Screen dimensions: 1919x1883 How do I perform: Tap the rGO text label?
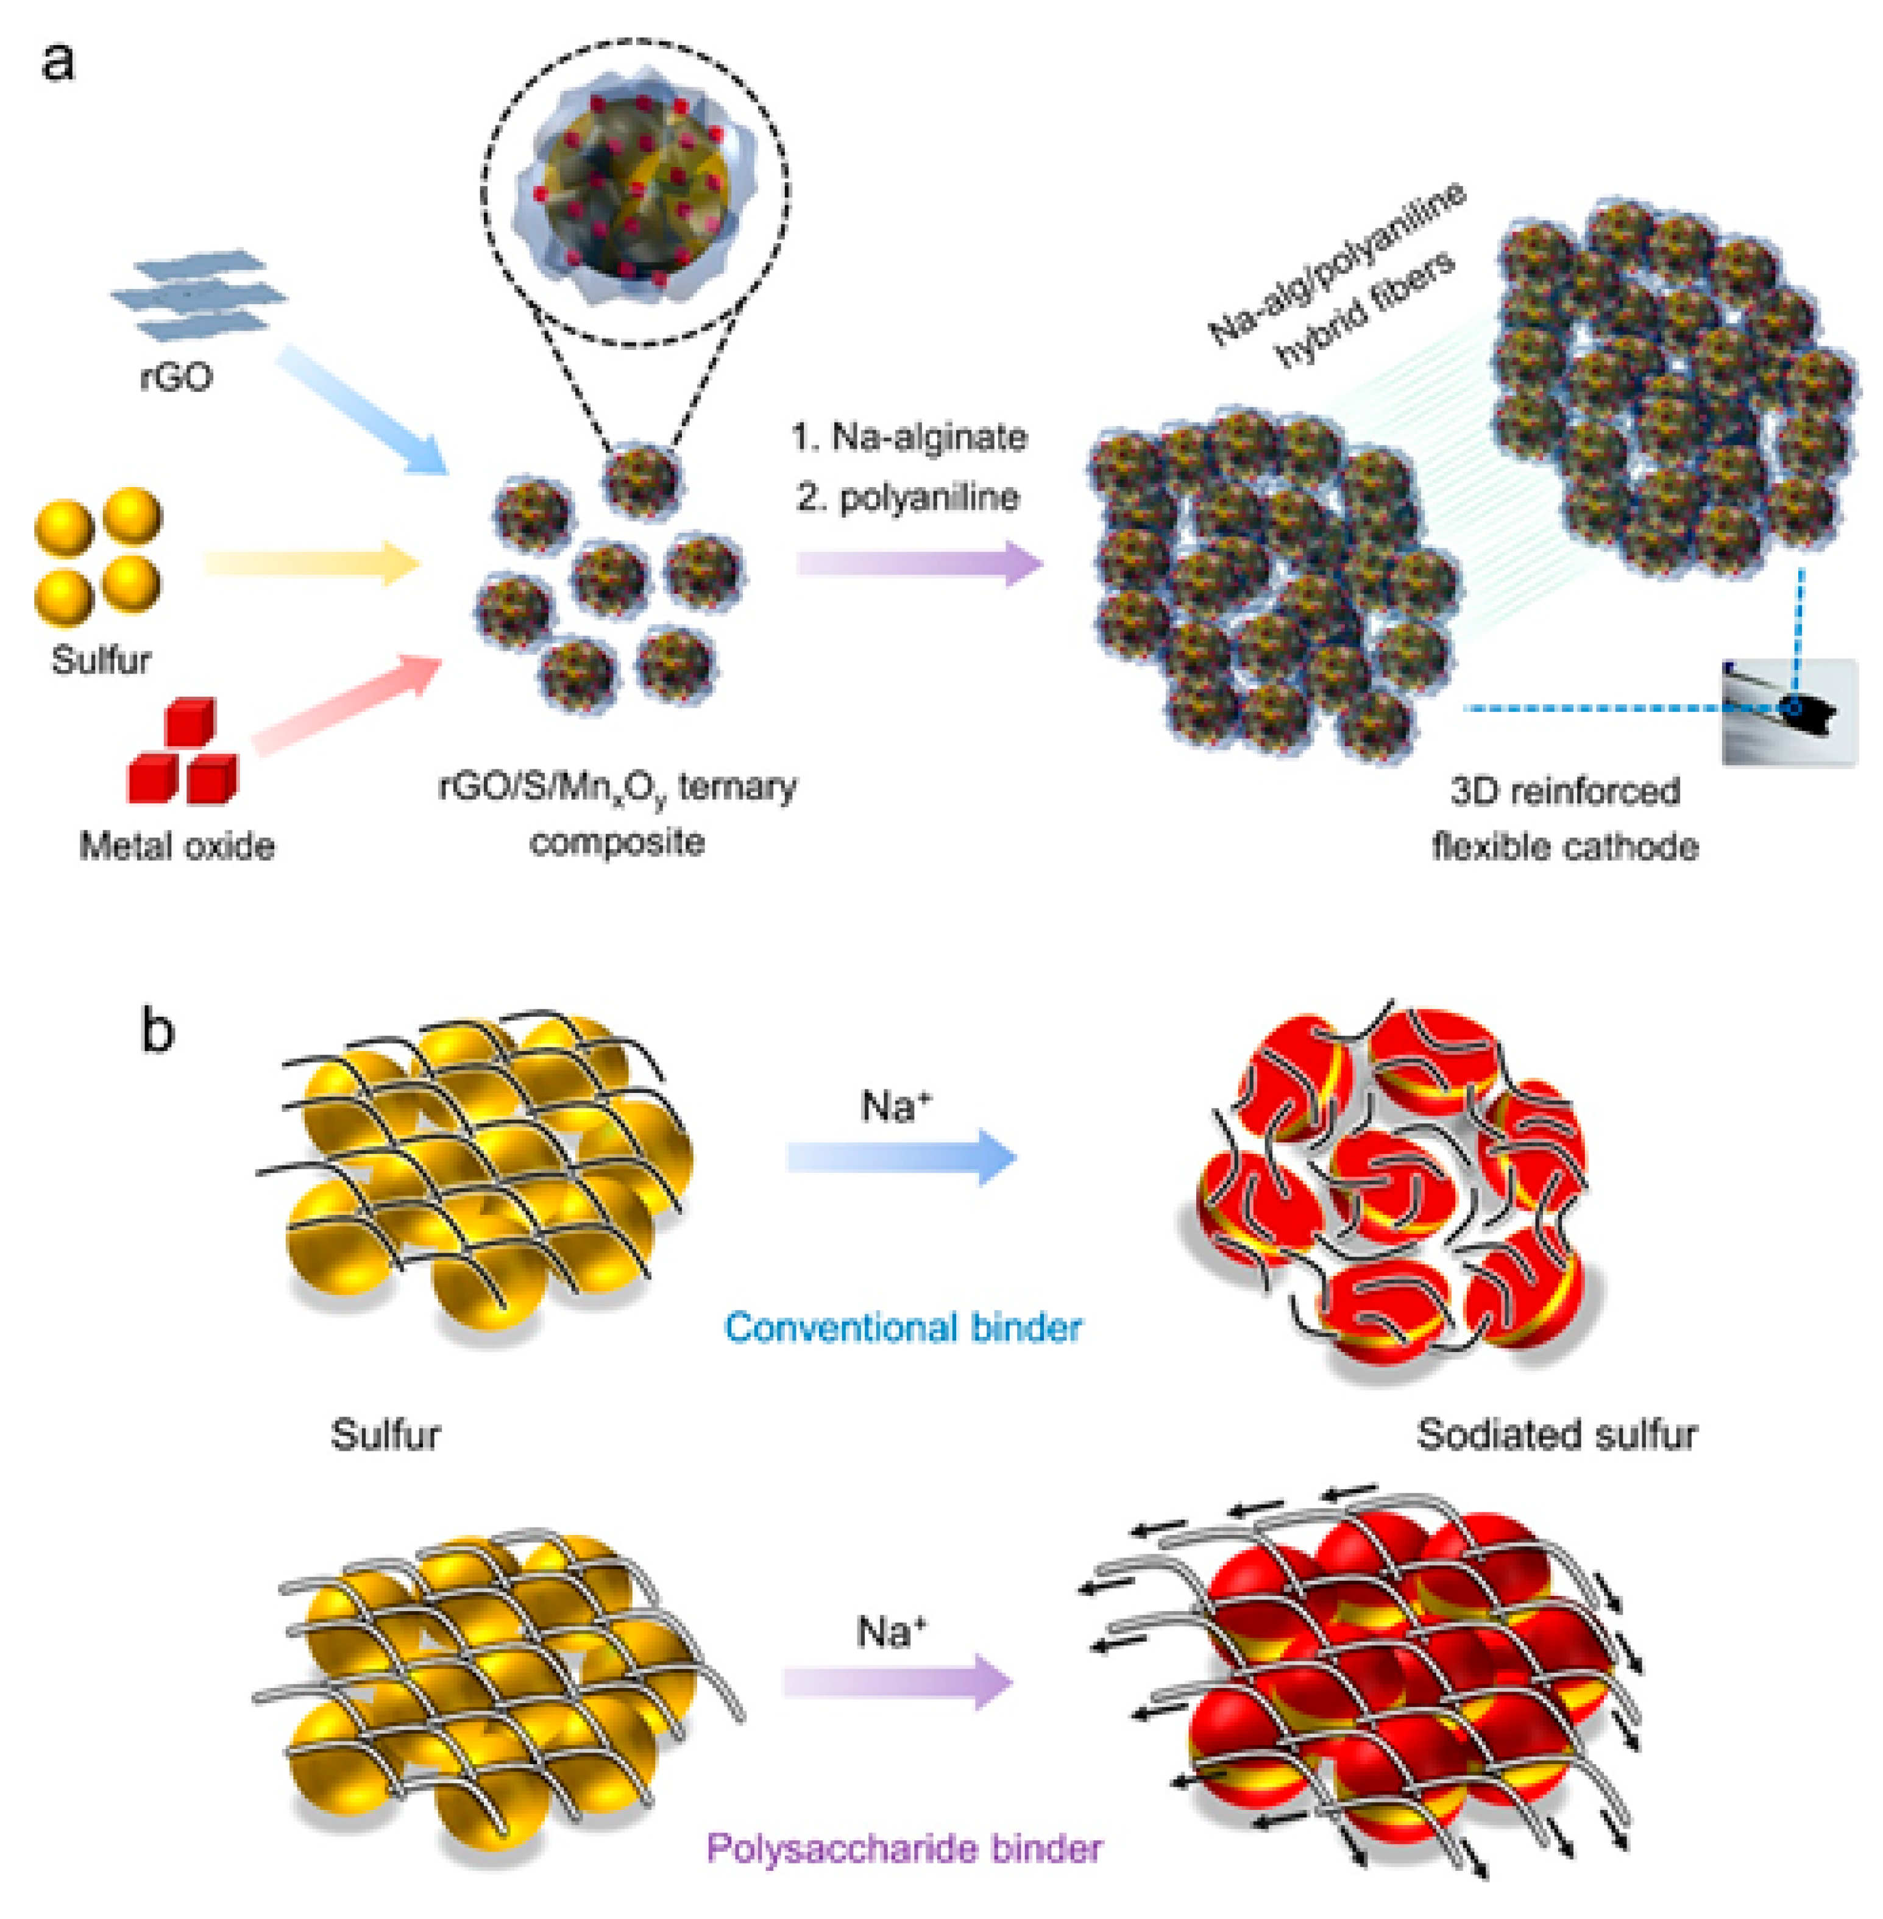[176, 377]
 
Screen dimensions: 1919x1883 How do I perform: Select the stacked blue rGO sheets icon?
[198, 296]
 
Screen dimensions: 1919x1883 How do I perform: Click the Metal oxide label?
[177, 846]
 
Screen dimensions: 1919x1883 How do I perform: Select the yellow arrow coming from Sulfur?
[311, 564]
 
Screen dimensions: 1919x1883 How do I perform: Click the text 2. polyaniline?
[908, 497]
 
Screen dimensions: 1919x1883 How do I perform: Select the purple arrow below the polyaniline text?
[919, 564]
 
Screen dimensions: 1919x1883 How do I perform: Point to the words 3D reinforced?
[1564, 791]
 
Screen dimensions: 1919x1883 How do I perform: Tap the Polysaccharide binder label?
[904, 1848]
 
